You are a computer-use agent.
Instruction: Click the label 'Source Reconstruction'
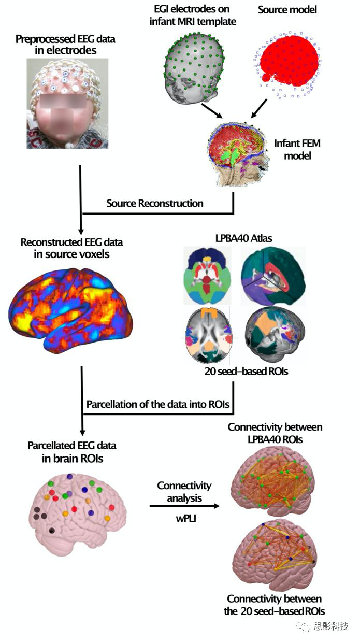point(155,203)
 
